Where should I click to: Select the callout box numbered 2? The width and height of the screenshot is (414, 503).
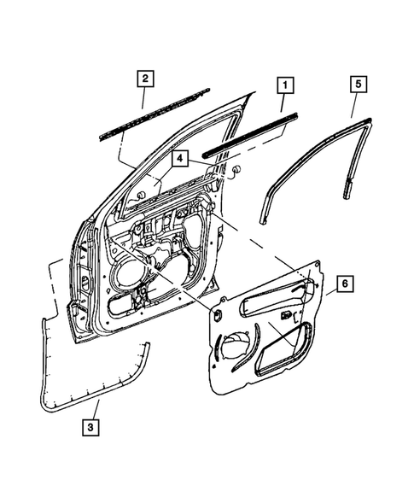pos(146,79)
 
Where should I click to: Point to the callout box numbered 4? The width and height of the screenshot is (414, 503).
pos(180,159)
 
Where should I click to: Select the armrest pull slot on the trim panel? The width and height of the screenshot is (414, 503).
pos(273,299)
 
